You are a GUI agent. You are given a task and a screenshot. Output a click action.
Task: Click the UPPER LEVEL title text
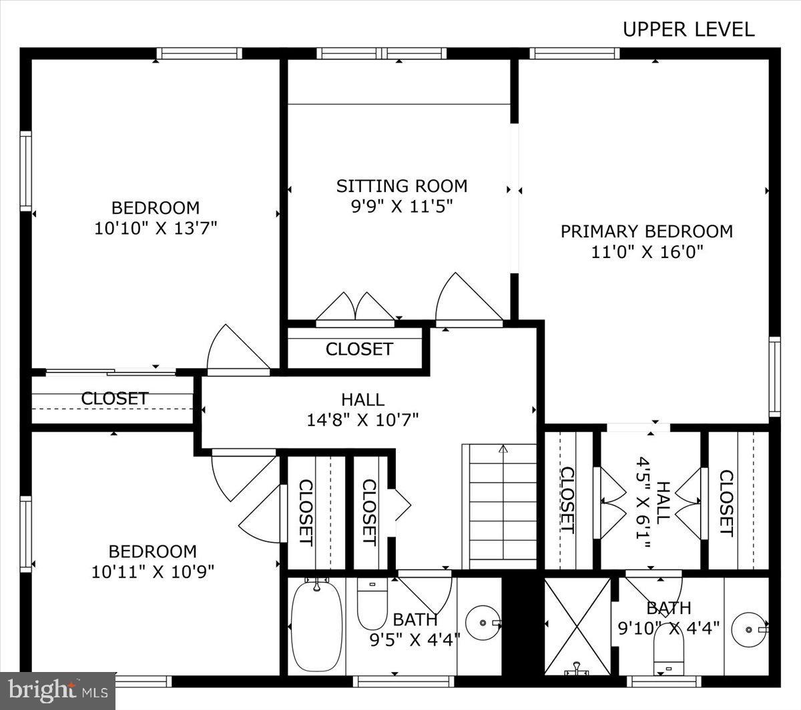pos(688,29)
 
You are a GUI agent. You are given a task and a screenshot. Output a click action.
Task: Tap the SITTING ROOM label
pos(401,186)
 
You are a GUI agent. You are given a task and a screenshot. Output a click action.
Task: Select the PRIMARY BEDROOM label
pos(646,231)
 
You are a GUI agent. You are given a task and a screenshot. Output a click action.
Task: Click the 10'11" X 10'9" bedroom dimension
pos(152,572)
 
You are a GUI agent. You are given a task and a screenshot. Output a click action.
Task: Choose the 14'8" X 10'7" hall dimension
pos(362,420)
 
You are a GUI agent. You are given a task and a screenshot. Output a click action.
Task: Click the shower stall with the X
pos(577,625)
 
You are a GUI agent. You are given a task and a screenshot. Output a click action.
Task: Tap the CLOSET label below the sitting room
pos(359,349)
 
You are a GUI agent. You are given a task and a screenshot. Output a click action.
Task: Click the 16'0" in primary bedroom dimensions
pos(682,252)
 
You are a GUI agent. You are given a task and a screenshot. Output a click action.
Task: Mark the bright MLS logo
pos(58,691)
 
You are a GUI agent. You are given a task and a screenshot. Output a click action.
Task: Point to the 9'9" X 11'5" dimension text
pos(402,207)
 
